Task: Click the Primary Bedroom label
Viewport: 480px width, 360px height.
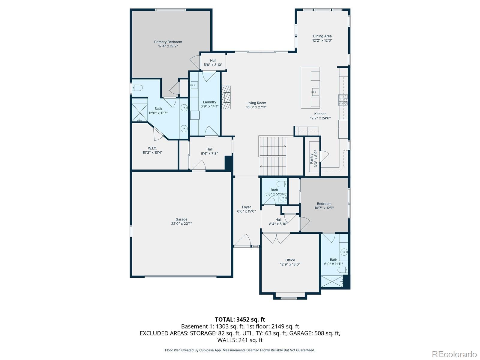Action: click(168, 42)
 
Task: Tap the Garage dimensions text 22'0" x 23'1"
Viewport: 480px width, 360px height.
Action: click(181, 223)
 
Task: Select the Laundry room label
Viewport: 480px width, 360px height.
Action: click(209, 102)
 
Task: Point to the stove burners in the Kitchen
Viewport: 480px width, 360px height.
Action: click(343, 100)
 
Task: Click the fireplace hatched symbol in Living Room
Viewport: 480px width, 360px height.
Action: click(226, 97)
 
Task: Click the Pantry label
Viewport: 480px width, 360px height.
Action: click(312, 158)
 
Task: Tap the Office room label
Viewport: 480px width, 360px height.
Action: click(290, 260)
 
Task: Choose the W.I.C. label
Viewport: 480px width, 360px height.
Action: click(152, 148)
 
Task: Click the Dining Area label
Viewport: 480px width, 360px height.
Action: click(322, 36)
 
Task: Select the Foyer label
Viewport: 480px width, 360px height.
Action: click(246, 207)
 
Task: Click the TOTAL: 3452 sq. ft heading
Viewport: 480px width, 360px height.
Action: click(240, 319)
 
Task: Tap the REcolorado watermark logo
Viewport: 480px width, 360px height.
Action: click(454, 354)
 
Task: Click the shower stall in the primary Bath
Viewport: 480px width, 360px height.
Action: click(140, 112)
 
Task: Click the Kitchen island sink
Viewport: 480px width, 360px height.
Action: click(315, 92)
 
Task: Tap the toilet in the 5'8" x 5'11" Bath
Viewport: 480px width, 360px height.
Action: click(282, 184)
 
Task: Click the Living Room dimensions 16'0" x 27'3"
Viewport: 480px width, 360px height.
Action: click(256, 107)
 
